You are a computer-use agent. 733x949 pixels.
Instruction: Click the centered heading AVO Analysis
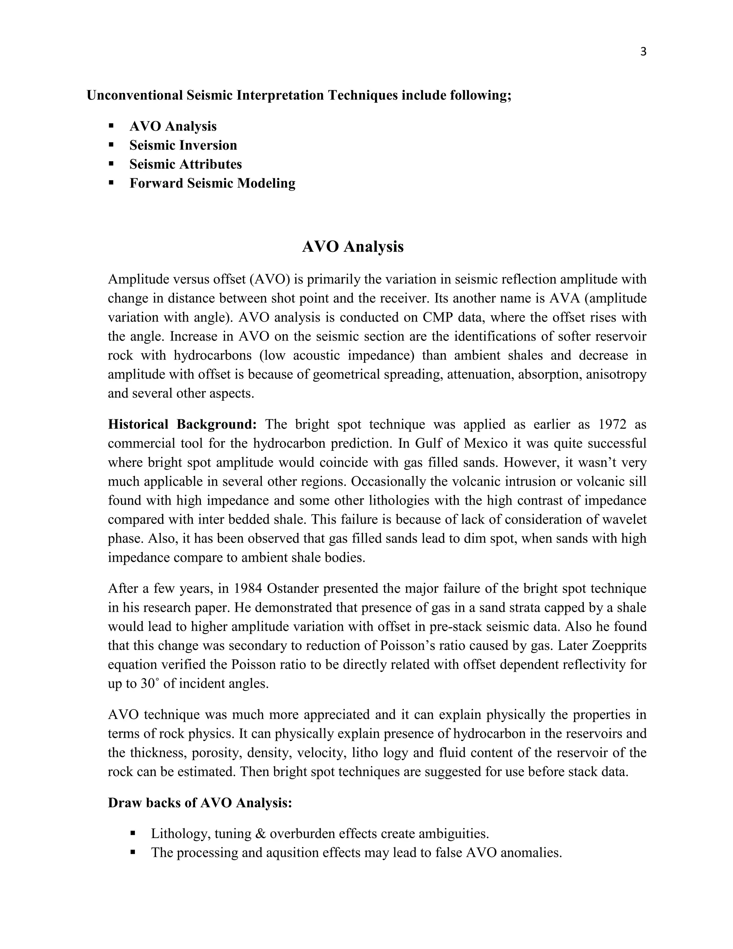click(353, 247)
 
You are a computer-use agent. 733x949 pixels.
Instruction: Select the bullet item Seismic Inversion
click(183, 145)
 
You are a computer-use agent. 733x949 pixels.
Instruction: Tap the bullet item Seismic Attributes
click(185, 164)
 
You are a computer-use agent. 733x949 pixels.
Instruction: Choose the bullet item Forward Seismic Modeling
click(212, 183)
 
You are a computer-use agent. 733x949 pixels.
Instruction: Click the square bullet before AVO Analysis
click(111, 126)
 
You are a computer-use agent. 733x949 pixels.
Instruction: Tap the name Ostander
click(293, 588)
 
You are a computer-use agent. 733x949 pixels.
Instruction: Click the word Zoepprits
click(619, 646)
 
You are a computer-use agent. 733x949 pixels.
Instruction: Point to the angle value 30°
click(151, 684)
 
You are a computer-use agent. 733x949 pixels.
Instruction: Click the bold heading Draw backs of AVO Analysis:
click(200, 803)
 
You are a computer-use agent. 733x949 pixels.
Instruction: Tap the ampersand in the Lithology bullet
click(261, 834)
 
